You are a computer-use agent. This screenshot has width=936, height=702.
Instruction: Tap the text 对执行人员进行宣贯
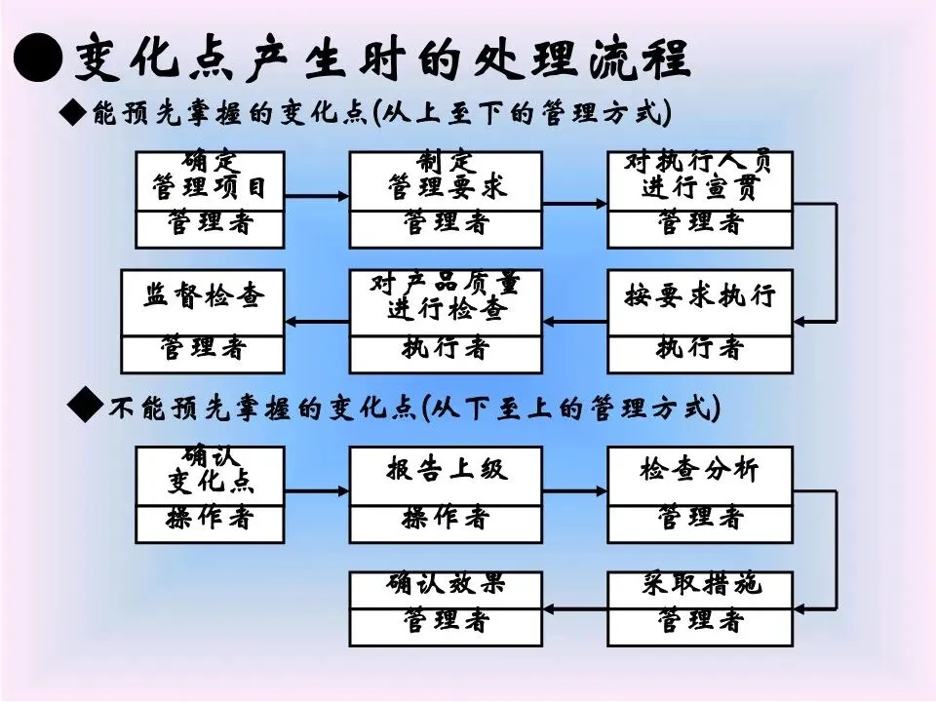[x=700, y=176]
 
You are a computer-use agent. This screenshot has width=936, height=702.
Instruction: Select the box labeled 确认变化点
[x=210, y=474]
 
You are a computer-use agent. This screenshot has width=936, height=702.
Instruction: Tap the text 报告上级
[x=446, y=470]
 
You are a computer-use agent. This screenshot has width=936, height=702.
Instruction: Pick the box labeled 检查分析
[x=700, y=470]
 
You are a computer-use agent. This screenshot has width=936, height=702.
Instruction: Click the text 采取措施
[x=700, y=585]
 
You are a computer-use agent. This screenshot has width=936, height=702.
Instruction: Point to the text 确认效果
[x=446, y=585]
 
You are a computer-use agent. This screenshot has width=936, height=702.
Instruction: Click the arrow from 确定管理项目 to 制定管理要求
[x=317, y=197]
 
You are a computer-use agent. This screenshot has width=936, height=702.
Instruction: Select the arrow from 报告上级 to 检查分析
[x=574, y=491]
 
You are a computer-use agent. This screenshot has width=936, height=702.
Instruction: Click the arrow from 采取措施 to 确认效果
[x=574, y=608]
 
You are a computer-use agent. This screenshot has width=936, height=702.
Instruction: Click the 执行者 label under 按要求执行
[x=700, y=348]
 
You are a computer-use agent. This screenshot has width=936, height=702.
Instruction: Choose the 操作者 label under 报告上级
[x=446, y=519]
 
